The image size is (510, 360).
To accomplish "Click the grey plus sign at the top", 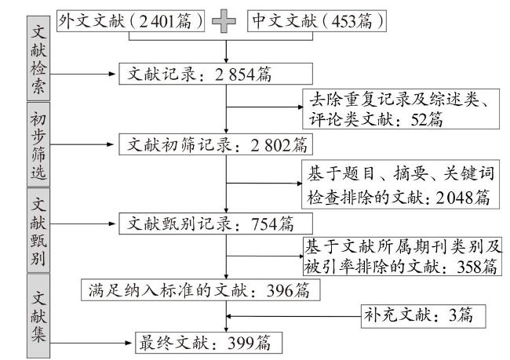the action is (x=224, y=21).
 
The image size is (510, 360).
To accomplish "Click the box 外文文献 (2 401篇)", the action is (x=131, y=21).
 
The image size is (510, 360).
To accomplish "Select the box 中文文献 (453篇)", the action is (x=317, y=21).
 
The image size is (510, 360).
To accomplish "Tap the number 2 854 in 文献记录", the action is (x=235, y=75).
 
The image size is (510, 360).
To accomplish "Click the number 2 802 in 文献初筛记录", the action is (x=271, y=145).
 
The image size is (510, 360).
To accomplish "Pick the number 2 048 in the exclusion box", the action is (x=454, y=198).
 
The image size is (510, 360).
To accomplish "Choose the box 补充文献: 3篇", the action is (x=423, y=316).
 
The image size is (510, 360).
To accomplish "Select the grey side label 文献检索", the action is (x=38, y=58).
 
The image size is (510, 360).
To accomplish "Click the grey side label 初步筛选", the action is (x=38, y=144).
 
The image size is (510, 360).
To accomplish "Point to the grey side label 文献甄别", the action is (x=38, y=231).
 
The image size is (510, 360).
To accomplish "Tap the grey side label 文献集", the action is (x=38, y=316).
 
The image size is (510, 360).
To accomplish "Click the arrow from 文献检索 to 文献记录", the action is (x=83, y=75).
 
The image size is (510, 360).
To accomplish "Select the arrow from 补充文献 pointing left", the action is (x=293, y=316).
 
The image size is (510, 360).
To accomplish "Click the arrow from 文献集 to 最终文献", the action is (x=91, y=343).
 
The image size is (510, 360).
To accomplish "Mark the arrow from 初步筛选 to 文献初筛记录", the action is (x=82, y=144).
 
